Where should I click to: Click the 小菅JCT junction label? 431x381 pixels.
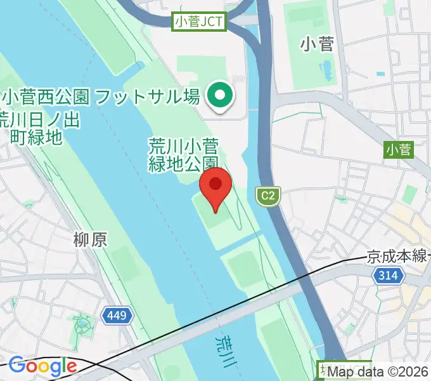pos(199,22)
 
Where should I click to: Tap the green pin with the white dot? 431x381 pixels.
pos(220,97)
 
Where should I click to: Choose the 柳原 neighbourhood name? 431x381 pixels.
pos(90,239)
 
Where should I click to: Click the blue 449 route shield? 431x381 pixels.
pos(117,316)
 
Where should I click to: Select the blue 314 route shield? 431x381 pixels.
pos(387,276)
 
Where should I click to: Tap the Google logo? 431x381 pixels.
pos(42,366)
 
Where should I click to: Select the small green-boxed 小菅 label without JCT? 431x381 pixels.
pos(398,150)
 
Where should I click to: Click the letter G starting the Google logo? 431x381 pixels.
pos(16,366)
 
